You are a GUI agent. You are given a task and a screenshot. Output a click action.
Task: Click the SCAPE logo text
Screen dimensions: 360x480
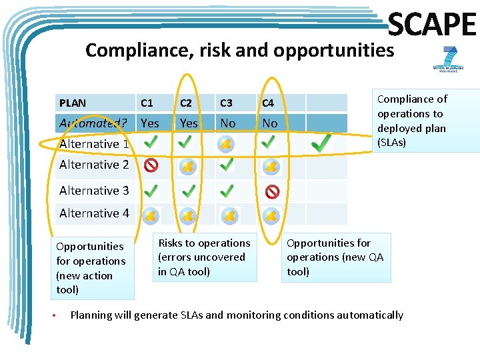click(x=431, y=26)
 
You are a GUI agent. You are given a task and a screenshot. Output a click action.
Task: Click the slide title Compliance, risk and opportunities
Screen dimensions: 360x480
click(x=240, y=50)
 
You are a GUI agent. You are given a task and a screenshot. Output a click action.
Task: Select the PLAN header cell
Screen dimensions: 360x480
click(x=73, y=103)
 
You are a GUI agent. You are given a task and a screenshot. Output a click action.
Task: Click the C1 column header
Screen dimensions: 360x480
click(x=147, y=103)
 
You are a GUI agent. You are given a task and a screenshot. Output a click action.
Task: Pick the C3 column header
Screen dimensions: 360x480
click(x=227, y=103)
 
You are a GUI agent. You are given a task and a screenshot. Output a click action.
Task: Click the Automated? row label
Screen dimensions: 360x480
click(x=93, y=123)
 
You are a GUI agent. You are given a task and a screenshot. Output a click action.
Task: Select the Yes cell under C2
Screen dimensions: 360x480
click(x=189, y=123)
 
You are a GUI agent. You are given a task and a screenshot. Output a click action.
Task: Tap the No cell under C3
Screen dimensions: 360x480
click(x=228, y=123)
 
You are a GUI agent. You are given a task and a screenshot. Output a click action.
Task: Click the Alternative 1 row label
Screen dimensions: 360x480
click(x=94, y=143)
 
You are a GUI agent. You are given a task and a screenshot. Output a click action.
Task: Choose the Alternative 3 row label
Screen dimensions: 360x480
click(x=94, y=191)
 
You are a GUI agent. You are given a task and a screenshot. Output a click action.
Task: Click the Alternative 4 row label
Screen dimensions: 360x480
click(x=94, y=213)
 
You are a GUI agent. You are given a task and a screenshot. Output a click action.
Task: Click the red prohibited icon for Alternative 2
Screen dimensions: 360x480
click(x=151, y=165)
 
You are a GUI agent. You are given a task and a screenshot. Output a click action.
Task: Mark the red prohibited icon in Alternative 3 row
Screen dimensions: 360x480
click(x=272, y=192)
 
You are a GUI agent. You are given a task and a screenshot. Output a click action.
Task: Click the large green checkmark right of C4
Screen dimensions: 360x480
click(x=321, y=142)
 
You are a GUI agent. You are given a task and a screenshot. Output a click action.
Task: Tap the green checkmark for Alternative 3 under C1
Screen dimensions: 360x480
click(x=151, y=191)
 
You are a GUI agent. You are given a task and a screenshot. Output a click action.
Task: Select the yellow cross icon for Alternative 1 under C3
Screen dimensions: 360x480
click(x=227, y=144)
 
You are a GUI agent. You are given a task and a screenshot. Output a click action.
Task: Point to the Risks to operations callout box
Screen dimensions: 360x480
click(x=205, y=257)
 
